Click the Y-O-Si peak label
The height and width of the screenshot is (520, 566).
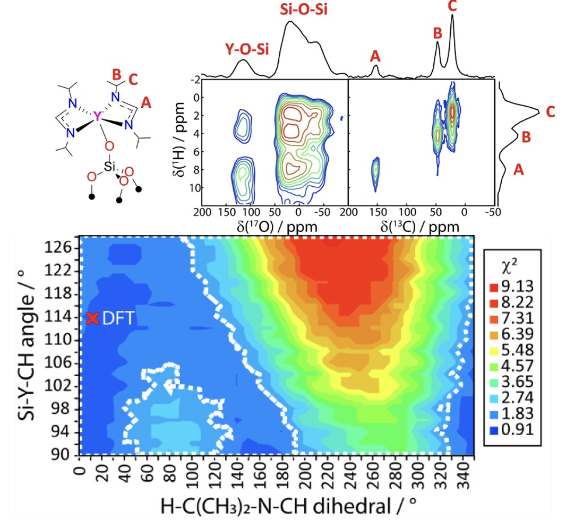[244, 50]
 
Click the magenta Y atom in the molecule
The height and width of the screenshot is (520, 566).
[96, 116]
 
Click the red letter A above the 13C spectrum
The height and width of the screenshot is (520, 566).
[375, 55]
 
